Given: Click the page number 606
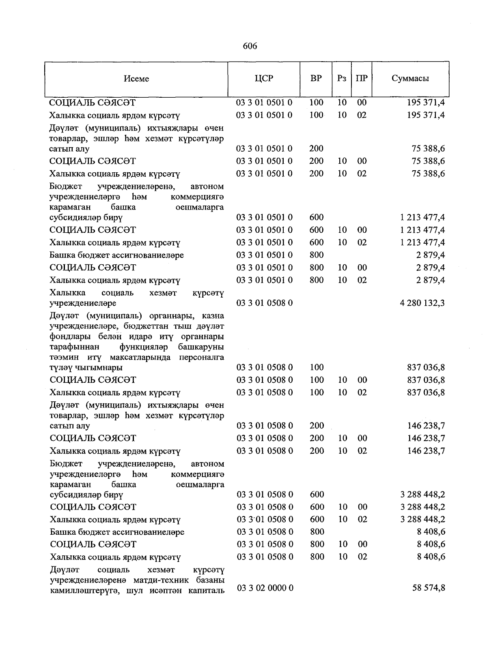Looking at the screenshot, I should pyautogui.click(x=250, y=46).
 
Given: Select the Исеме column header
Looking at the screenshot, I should pyautogui.click(x=136, y=79).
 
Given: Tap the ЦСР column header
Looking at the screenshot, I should pyautogui.click(x=264, y=78).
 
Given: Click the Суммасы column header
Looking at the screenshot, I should pyautogui.click(x=410, y=78).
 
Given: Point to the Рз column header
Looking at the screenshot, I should pyautogui.click(x=342, y=78).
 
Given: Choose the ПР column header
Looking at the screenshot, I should pyautogui.click(x=362, y=78).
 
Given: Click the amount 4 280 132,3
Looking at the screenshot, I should pyautogui.click(x=422, y=303).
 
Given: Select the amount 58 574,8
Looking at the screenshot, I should pyautogui.click(x=429, y=587).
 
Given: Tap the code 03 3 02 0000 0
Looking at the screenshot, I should pyautogui.click(x=265, y=587).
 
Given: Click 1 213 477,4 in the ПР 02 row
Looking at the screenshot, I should pyautogui.click(x=422, y=242).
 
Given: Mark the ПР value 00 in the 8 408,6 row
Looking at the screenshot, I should pyautogui.click(x=362, y=544).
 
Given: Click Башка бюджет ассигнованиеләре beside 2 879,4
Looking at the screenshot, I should pyautogui.click(x=117, y=255).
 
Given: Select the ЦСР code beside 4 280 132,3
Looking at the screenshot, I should pyautogui.click(x=265, y=303).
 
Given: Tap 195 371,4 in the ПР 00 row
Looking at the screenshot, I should pyautogui.click(x=426, y=103).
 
